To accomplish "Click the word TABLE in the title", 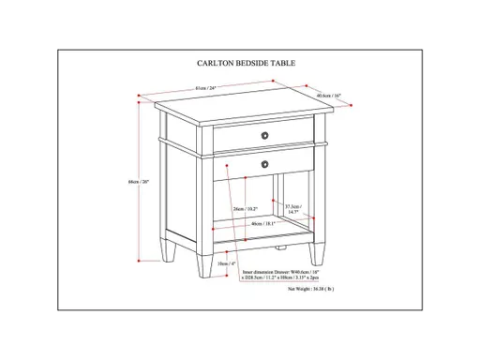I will (x=280, y=64).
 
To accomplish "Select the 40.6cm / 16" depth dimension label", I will (x=327, y=95).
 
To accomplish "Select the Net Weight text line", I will (x=312, y=291).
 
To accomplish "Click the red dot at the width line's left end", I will (x=140, y=96).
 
